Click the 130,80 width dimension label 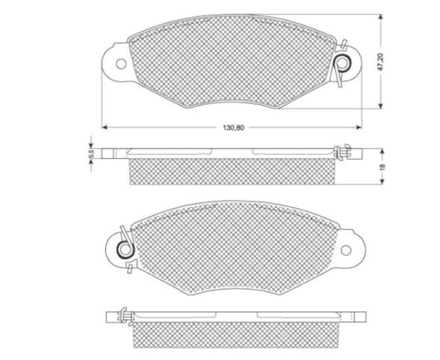click(233, 127)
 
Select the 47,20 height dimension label click(381, 61)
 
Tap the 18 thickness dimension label click(382, 166)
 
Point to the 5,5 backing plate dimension click(91, 154)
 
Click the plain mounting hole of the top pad click(121, 64)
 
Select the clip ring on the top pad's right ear click(343, 64)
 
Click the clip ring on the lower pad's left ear click(124, 249)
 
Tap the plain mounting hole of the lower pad click(346, 250)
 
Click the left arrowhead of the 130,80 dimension click(104, 127)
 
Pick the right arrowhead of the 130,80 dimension click(358, 127)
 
